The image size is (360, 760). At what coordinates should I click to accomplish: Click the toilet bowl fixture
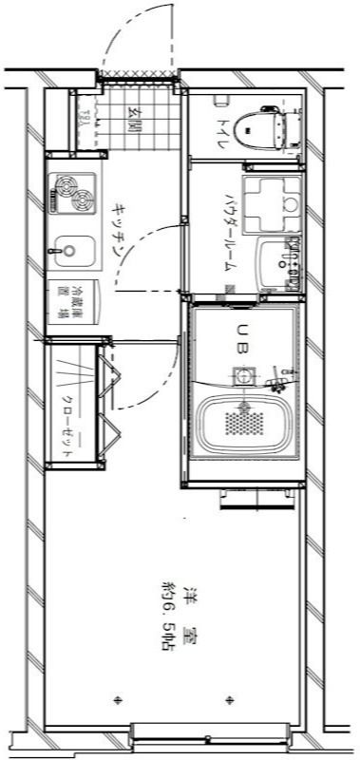[x=261, y=126]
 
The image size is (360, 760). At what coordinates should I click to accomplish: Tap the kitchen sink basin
[x=72, y=254]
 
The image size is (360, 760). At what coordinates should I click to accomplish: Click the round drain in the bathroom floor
[x=245, y=376]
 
